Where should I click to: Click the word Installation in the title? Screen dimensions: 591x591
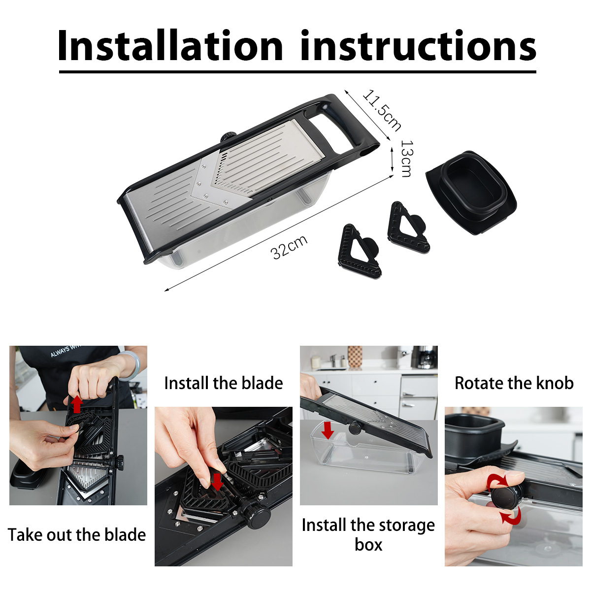(170, 45)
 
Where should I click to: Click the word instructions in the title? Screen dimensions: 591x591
(418, 45)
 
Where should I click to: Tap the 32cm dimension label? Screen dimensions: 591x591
(289, 247)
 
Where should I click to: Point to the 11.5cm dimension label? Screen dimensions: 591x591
(382, 110)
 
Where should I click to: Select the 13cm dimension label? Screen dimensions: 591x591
(407, 159)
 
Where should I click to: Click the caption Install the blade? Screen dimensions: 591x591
(223, 383)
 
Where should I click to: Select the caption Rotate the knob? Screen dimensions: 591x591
(514, 383)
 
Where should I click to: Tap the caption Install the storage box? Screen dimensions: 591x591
(368, 535)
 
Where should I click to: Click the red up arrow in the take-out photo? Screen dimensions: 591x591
(77, 404)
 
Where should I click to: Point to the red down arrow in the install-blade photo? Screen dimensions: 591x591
(218, 482)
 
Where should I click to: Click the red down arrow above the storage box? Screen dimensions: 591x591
(328, 430)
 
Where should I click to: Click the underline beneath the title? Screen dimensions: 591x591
(297, 72)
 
